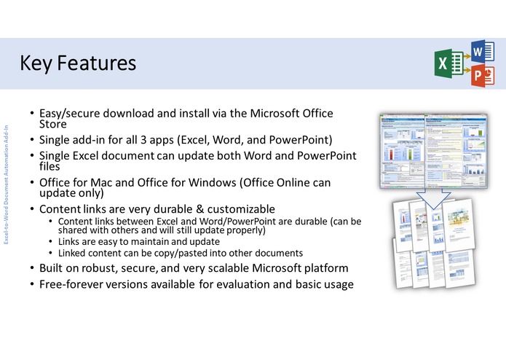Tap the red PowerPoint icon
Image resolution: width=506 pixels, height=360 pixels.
click(x=478, y=77)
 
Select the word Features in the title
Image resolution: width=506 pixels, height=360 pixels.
click(x=96, y=63)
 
